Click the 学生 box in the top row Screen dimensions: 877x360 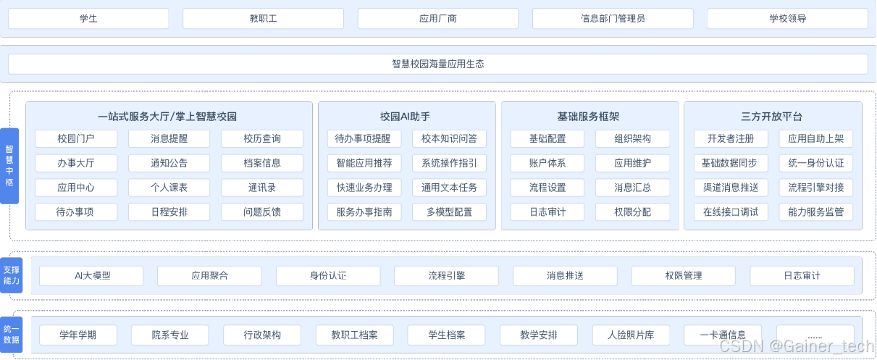coord(88,18)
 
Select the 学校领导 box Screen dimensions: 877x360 coord(787,18)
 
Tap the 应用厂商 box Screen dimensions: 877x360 coord(438,18)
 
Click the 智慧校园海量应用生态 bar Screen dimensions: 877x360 coord(437,64)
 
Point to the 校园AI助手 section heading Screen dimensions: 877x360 coord(406,116)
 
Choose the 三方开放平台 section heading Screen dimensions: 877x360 coord(772,116)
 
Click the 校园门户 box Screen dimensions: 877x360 coord(75,138)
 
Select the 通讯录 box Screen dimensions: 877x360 coord(262,188)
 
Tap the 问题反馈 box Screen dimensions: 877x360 coord(262,212)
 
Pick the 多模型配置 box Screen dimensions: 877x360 coord(449,212)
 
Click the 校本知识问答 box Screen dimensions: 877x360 coord(449,138)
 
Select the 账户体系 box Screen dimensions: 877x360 coord(547,163)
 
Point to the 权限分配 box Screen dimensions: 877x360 coord(632,212)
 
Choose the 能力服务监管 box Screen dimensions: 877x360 coord(815,212)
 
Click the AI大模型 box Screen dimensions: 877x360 coord(91,276)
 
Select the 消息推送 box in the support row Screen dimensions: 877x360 coord(565,276)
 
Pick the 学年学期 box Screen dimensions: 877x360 coord(78,335)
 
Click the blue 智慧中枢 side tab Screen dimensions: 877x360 coord(9,166)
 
